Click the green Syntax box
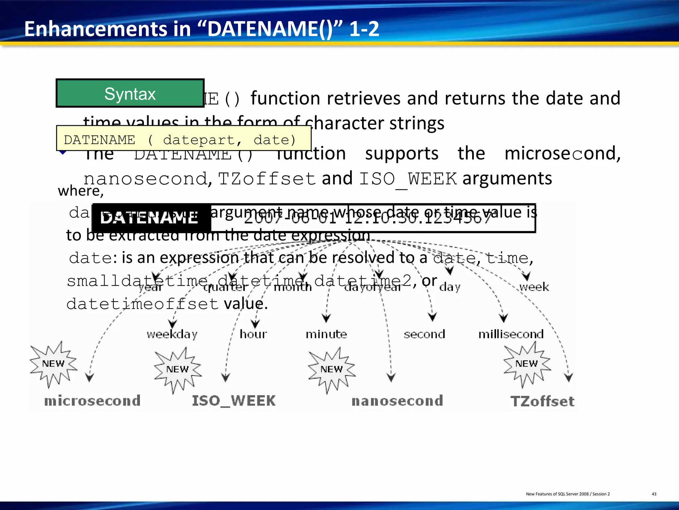click(130, 93)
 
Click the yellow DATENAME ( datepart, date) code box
click(183, 139)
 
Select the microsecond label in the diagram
click(93, 401)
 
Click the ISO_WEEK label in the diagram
click(234, 401)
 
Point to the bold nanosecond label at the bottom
click(397, 401)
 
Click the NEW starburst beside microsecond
click(53, 364)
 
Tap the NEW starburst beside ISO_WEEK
click(178, 370)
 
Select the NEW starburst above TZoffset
click(526, 364)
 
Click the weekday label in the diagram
click(172, 334)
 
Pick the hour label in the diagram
click(253, 334)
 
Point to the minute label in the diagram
click(326, 334)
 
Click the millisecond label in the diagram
click(511, 334)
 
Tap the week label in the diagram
click(534, 287)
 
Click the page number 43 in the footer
click(654, 494)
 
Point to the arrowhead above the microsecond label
click(90, 378)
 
